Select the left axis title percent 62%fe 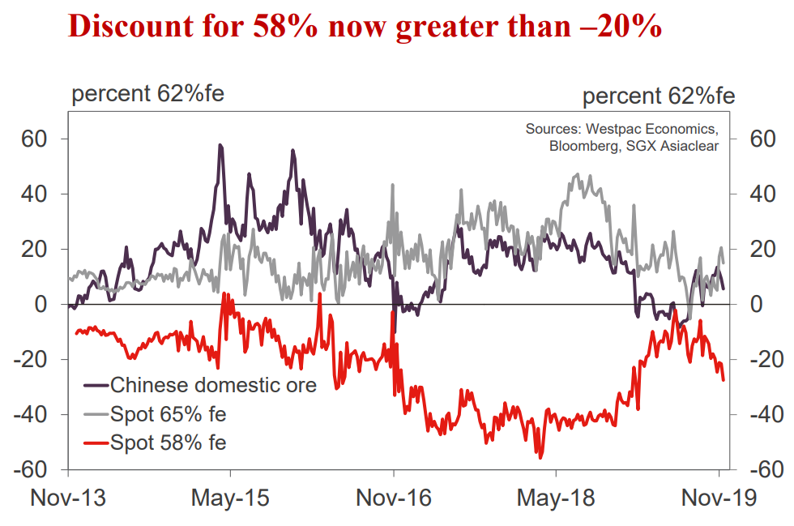[148, 94]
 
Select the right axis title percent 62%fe [659, 96]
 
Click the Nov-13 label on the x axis [68, 497]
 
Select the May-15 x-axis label [230, 497]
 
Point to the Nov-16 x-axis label [393, 497]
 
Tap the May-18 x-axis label [555, 497]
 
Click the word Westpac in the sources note [616, 129]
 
